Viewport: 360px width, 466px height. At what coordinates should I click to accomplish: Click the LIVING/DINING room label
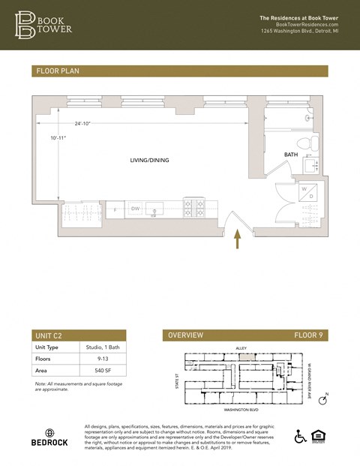[x=150, y=160]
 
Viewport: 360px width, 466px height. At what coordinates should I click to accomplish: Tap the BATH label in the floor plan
[x=292, y=155]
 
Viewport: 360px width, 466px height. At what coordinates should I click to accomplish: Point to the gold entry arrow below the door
[x=238, y=239]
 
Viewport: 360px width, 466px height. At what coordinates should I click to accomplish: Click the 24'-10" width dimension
[x=82, y=124]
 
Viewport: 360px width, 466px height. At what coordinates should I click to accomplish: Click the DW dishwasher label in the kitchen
[x=136, y=208]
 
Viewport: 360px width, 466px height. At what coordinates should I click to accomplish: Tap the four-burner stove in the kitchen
[x=195, y=208]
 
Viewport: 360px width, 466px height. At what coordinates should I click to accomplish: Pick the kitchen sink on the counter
[x=155, y=209]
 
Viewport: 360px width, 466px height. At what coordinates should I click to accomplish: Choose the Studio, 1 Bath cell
[x=101, y=347]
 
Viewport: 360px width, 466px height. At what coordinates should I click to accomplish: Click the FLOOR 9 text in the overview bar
[x=307, y=335]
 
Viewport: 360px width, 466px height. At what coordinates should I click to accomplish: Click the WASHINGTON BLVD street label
[x=242, y=410]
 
